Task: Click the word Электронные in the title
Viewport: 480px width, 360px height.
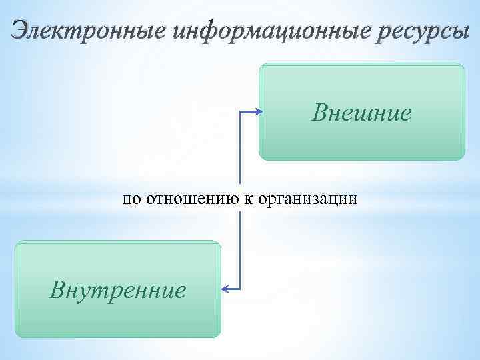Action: click(x=87, y=31)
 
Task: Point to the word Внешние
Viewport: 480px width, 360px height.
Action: click(x=361, y=113)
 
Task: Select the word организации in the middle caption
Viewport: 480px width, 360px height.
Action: click(x=309, y=198)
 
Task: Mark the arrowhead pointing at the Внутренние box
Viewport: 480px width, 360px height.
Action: click(x=224, y=289)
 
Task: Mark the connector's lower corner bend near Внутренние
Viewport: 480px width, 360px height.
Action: click(x=239, y=289)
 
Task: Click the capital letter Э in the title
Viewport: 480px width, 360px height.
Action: click(x=21, y=31)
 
